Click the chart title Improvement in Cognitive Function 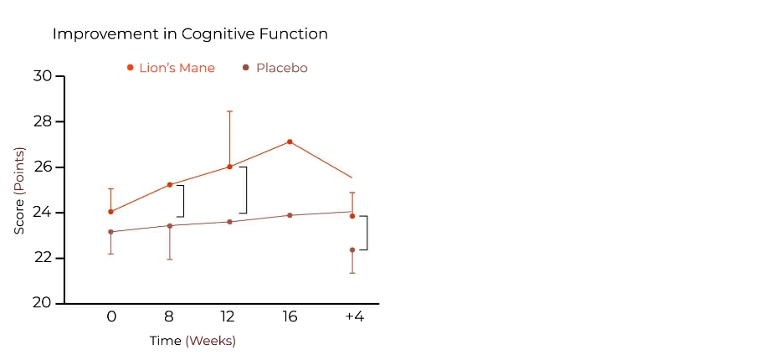click(x=190, y=34)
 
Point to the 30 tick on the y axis click(x=43, y=76)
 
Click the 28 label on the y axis click(x=43, y=121)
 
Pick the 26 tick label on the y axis click(x=43, y=167)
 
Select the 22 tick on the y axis click(x=43, y=258)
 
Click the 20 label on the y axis click(x=43, y=303)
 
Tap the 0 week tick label click(x=110, y=316)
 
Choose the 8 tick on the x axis click(x=170, y=316)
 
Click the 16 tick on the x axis click(x=290, y=316)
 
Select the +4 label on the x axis click(x=354, y=316)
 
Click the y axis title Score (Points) click(x=19, y=190)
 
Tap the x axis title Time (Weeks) click(x=192, y=341)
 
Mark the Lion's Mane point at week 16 click(x=290, y=141)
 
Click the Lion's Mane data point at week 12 click(x=229, y=167)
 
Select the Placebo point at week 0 click(x=110, y=232)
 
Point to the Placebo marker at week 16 click(x=290, y=215)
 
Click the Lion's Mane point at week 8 click(x=170, y=184)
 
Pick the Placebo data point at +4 click(x=352, y=249)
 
